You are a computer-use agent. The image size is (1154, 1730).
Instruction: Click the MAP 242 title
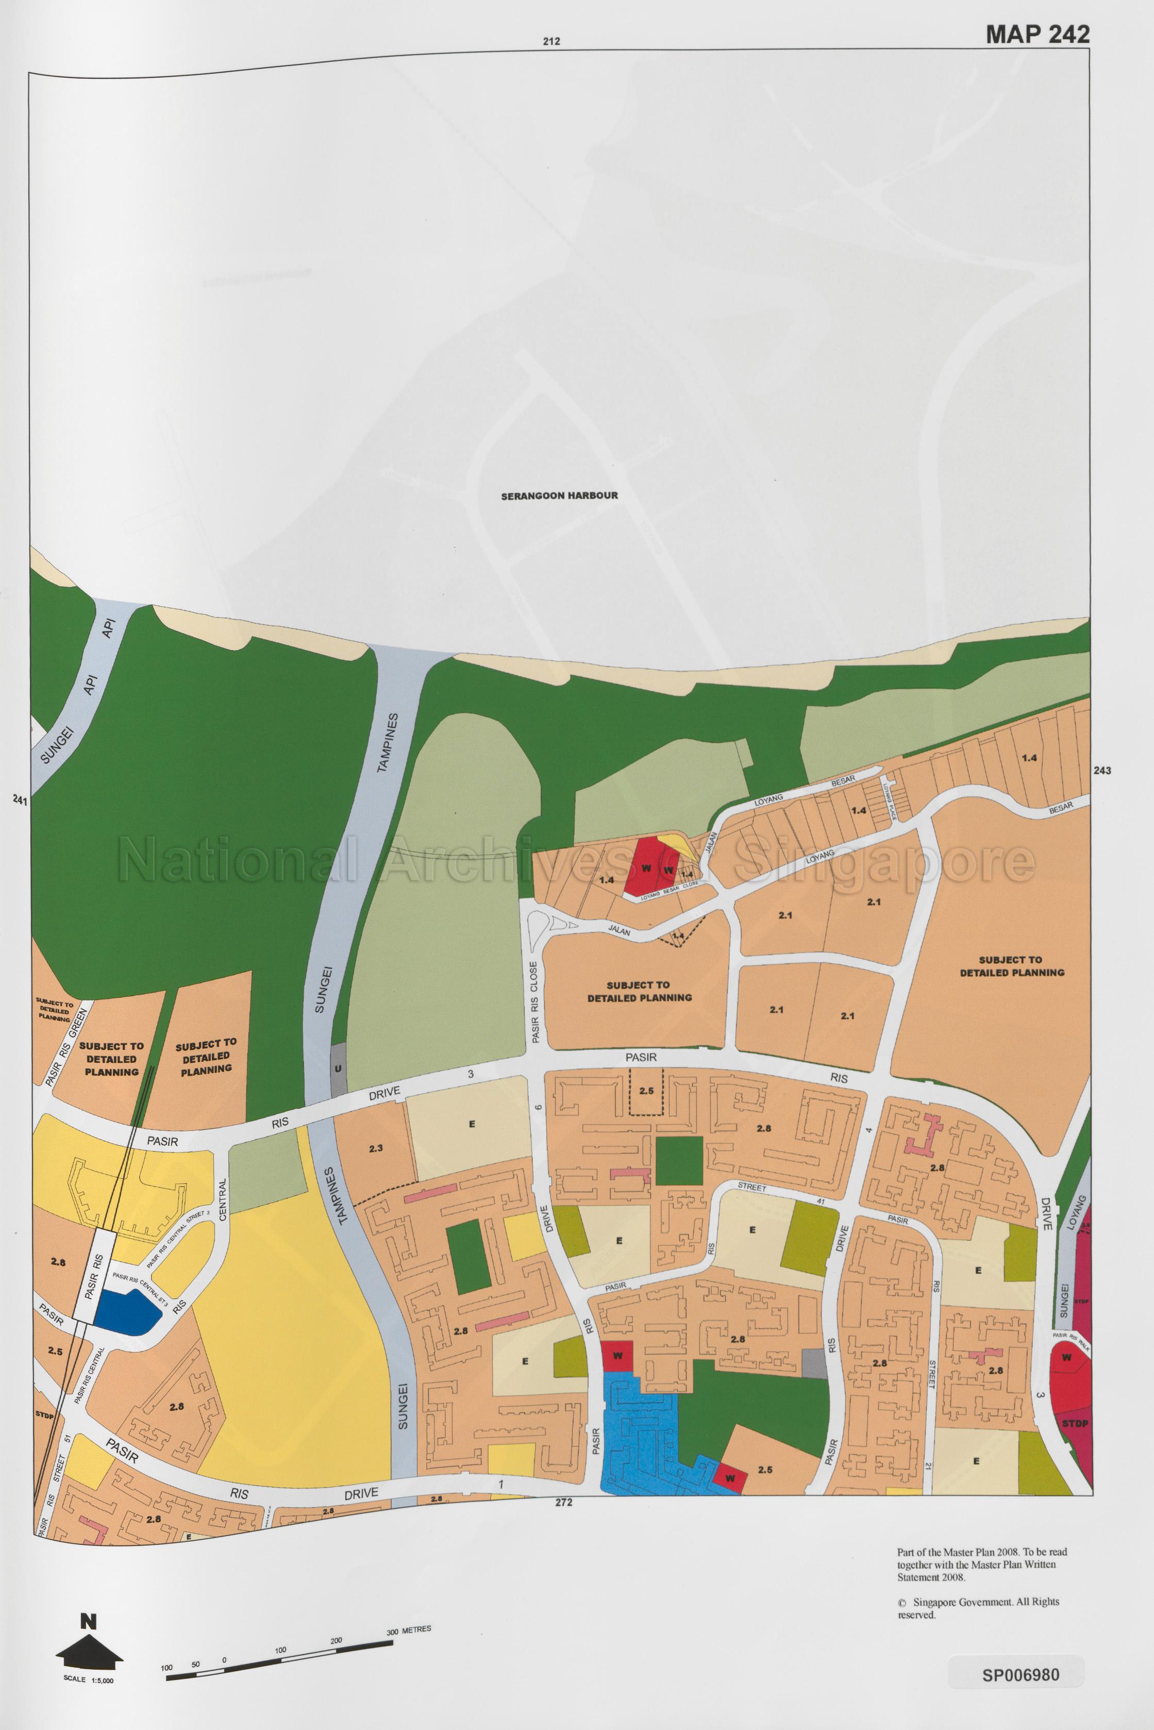coord(1037,34)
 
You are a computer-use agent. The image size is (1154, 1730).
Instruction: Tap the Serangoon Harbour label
coord(559,496)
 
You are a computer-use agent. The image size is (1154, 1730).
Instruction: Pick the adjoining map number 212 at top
coord(551,42)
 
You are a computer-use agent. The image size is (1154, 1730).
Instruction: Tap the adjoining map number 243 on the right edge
coord(1102,771)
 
